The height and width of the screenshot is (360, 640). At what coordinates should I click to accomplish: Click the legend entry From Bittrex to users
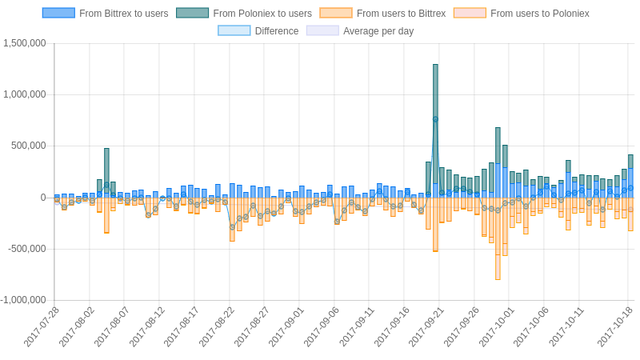pyautogui.click(x=106, y=14)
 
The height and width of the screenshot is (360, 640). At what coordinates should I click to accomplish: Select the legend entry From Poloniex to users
pyautogui.click(x=244, y=14)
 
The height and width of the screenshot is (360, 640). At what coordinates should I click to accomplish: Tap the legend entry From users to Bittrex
pyautogui.click(x=383, y=14)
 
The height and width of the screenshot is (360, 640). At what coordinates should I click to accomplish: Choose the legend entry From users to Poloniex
pyautogui.click(x=522, y=14)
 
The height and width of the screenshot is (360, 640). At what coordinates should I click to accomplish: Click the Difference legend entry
pyautogui.click(x=258, y=31)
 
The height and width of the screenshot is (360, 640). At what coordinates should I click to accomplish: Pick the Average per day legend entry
pyautogui.click(x=360, y=31)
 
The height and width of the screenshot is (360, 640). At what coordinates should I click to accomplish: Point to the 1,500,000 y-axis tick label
pyautogui.click(x=25, y=43)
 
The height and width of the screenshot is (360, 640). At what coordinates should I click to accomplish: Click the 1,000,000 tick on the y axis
pyautogui.click(x=25, y=94)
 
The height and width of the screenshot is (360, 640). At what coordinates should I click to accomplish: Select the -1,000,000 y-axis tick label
pyautogui.click(x=23, y=300)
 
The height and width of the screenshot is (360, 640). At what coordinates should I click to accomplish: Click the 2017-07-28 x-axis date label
pyautogui.click(x=42, y=327)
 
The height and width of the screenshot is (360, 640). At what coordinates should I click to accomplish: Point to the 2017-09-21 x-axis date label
pyautogui.click(x=426, y=327)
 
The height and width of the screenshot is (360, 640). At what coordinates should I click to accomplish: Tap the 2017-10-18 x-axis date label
pyautogui.click(x=615, y=327)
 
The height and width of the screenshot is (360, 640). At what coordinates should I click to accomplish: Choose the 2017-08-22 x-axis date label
pyautogui.click(x=216, y=327)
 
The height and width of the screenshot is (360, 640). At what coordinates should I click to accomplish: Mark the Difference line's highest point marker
pyautogui.click(x=435, y=119)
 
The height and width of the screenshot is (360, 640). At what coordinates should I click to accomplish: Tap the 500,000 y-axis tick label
pyautogui.click(x=29, y=146)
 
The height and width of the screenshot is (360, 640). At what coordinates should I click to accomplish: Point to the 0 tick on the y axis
pyautogui.click(x=43, y=198)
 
